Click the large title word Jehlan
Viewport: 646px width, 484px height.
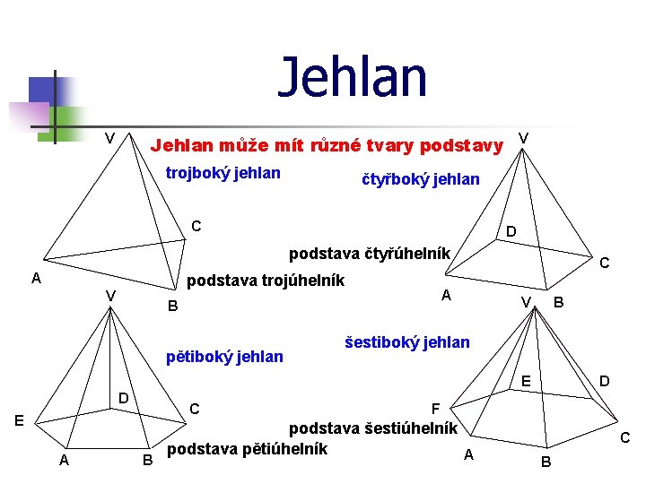click(x=353, y=77)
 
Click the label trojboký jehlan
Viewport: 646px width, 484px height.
click(x=223, y=173)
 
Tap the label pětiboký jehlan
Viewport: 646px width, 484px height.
click(x=225, y=357)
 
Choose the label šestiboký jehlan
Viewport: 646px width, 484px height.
click(x=406, y=341)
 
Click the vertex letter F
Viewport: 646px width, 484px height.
click(x=436, y=408)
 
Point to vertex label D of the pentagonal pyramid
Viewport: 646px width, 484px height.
click(x=126, y=398)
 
